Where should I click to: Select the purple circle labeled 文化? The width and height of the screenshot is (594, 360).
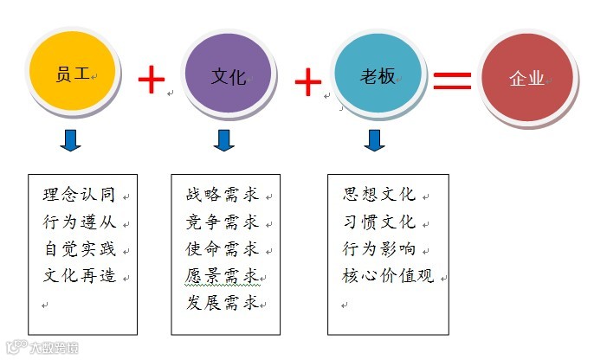point(228,75)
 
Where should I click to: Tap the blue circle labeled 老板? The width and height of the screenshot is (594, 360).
point(378,75)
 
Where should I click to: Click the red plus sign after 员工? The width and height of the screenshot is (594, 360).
point(152,80)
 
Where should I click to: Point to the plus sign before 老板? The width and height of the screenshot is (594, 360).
point(307,82)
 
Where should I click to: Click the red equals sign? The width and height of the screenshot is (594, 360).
point(452,80)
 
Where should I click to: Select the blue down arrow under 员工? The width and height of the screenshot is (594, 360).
point(71,140)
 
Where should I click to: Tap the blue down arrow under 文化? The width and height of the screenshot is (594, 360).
point(224,140)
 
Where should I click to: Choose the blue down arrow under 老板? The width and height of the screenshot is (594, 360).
point(374,140)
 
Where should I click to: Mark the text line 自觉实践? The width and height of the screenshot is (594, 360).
point(79,249)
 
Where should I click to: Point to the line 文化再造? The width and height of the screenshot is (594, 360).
point(79,277)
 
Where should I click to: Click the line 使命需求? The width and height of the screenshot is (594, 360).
point(223,249)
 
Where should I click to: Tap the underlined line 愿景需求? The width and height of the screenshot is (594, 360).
point(223,277)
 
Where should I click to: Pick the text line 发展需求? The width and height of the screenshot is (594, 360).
point(223,303)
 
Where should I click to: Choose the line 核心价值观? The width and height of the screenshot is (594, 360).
point(389,277)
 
